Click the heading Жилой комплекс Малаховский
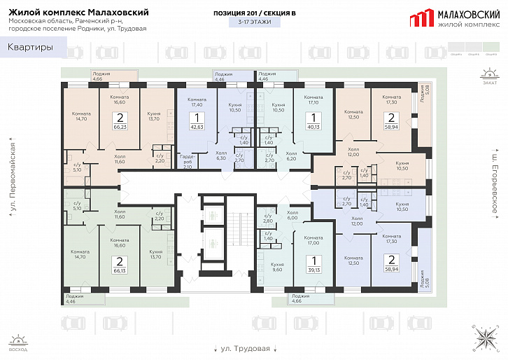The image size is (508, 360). [x=78, y=13]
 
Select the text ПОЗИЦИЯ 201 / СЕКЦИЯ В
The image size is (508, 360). [x=253, y=13]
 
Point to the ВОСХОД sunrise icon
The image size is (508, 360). [x=19, y=342]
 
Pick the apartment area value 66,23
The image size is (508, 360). [x=120, y=123]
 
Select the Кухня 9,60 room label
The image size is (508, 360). [x=278, y=267]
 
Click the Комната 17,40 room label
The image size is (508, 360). [x=197, y=102]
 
